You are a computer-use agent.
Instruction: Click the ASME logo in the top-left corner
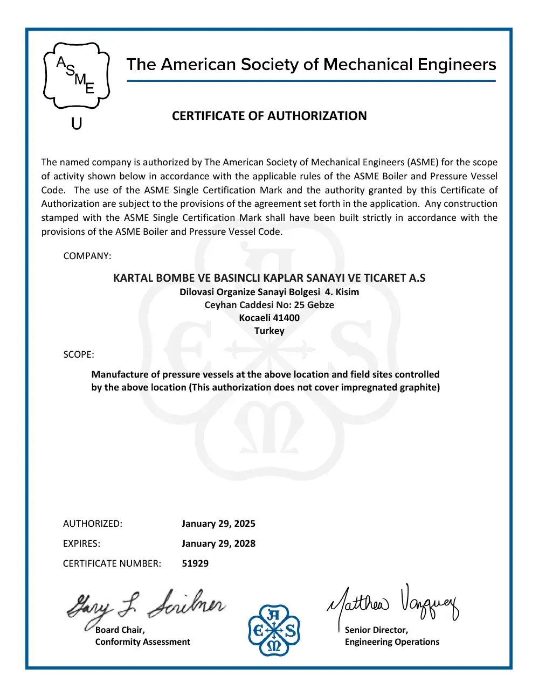(76, 75)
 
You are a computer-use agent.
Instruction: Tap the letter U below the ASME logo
(77, 124)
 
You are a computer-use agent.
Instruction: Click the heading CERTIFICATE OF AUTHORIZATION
(269, 116)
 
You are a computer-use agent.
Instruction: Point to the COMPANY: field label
(87, 256)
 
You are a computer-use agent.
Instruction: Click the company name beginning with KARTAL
(269, 278)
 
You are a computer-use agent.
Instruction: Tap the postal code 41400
(286, 318)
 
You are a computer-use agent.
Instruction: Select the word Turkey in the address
(269, 331)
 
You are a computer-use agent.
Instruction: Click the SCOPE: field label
(79, 354)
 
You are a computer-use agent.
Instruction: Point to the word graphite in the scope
(419, 387)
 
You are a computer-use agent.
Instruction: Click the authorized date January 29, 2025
(218, 524)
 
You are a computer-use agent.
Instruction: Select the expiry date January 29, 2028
(218, 543)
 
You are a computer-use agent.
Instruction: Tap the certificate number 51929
(195, 563)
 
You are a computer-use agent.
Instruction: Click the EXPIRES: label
(81, 543)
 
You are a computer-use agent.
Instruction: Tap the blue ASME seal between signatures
(274, 630)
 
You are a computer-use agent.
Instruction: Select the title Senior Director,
(376, 630)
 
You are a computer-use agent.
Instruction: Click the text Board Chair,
(120, 630)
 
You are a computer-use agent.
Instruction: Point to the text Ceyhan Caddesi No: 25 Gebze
(269, 305)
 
